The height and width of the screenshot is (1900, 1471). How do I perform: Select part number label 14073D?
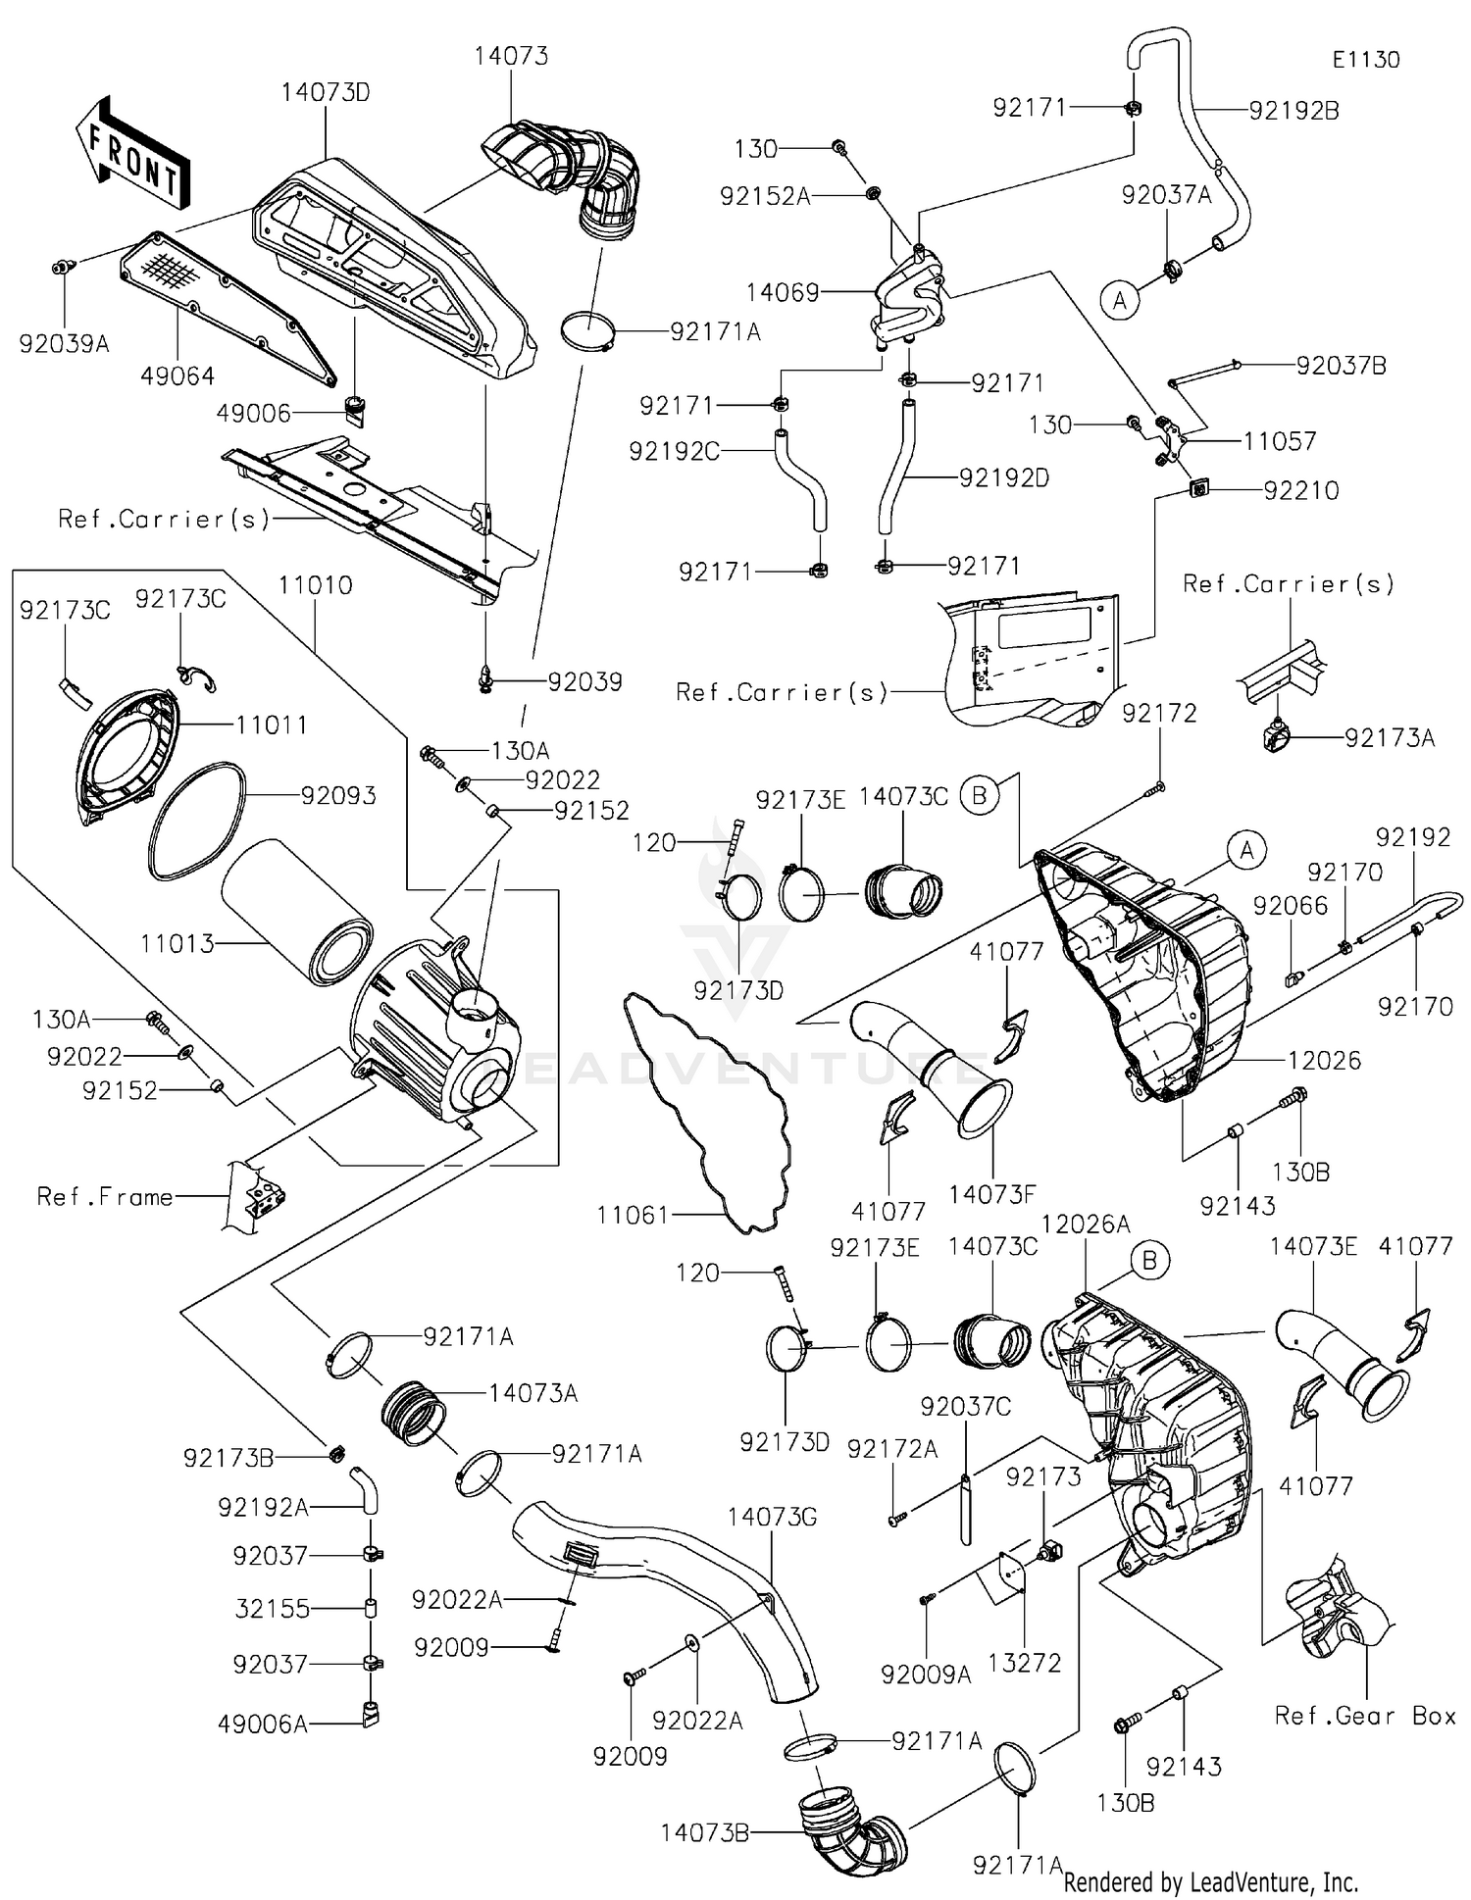[326, 93]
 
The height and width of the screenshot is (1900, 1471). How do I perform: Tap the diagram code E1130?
[1365, 60]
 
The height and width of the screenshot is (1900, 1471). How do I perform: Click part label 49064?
[178, 376]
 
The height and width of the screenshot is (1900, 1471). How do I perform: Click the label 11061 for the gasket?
[633, 1216]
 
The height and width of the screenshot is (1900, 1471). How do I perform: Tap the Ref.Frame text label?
[105, 1197]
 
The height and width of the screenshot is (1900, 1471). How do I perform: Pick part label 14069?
[783, 292]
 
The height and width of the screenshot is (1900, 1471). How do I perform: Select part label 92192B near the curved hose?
[1293, 111]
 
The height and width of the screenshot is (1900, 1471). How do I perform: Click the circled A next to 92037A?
[1120, 301]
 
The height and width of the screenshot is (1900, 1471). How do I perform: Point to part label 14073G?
[772, 1518]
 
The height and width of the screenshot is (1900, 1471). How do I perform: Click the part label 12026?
[1324, 1061]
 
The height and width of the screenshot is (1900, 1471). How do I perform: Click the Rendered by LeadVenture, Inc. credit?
[1210, 1881]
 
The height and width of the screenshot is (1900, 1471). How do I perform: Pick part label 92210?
[1300, 490]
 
